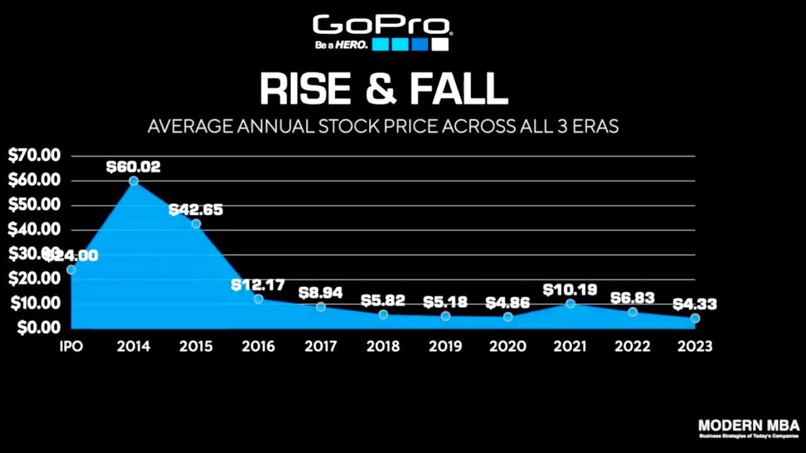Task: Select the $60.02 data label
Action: pyautogui.click(x=133, y=167)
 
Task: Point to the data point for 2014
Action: pyautogui.click(x=133, y=181)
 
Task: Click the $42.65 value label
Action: pyautogui.click(x=196, y=210)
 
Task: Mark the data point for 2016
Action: pyautogui.click(x=258, y=299)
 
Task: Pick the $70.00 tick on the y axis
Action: pyautogui.click(x=34, y=155)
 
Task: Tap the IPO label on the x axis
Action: pyautogui.click(x=71, y=346)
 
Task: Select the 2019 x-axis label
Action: pyautogui.click(x=445, y=346)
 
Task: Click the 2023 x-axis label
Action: pyautogui.click(x=694, y=346)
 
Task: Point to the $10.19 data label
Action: pyautogui.click(x=569, y=289)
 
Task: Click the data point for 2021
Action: pyautogui.click(x=570, y=304)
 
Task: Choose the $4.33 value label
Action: pyautogui.click(x=695, y=305)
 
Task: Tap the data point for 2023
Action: pyautogui.click(x=695, y=318)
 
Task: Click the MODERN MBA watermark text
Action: pyautogui.click(x=749, y=425)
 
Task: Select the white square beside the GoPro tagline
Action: pyautogui.click(x=440, y=45)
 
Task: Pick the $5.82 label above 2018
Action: pyautogui.click(x=383, y=301)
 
